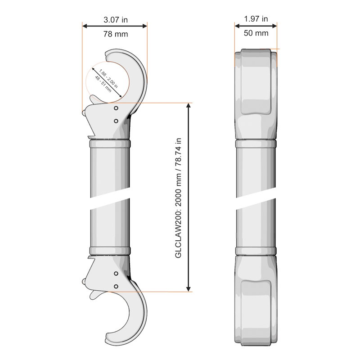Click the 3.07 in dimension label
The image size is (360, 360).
pyautogui.click(x=116, y=20)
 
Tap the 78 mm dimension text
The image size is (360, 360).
pyautogui.click(x=116, y=34)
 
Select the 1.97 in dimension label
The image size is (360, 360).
pyautogui.click(x=256, y=19)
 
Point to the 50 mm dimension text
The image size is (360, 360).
pyautogui.click(x=256, y=33)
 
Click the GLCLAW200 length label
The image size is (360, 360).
pyautogui.click(x=178, y=198)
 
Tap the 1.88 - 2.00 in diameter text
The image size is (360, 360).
pyautogui.click(x=108, y=78)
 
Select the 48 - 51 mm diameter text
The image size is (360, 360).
pyautogui.click(x=103, y=84)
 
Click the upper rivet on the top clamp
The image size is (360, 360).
pyautogui.click(x=116, y=108)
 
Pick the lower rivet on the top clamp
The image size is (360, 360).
pyautogui.click(x=116, y=121)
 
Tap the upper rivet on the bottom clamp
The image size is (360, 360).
pyautogui.click(x=116, y=274)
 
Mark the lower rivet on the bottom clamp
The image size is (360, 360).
pyautogui.click(x=116, y=287)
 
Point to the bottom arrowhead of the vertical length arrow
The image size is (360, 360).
pyautogui.click(x=189, y=289)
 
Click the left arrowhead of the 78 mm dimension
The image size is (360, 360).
pyautogui.click(x=85, y=26)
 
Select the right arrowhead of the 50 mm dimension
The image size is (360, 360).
pyautogui.click(x=274, y=26)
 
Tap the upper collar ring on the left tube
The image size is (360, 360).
pyautogui.click(x=110, y=144)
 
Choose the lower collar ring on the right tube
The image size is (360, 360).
pyautogui.click(x=256, y=251)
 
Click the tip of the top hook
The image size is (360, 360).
pyautogui.click(x=108, y=55)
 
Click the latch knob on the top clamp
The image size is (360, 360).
pyautogui.click(x=84, y=113)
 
